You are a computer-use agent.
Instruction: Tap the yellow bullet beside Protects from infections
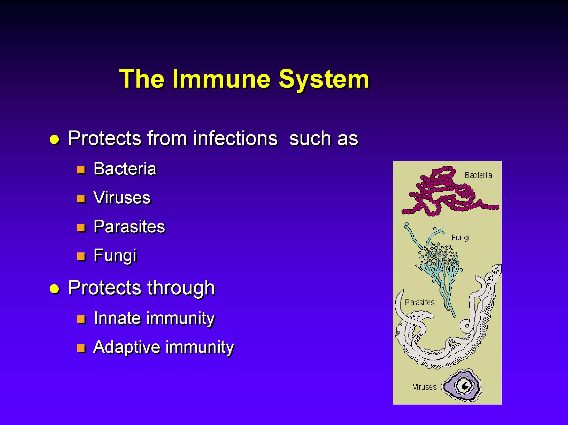click(x=55, y=140)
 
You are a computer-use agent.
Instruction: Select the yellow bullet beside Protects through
click(x=55, y=289)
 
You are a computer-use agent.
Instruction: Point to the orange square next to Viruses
click(x=81, y=199)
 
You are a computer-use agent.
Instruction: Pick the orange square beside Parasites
click(x=81, y=228)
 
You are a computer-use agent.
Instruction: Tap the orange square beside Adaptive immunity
click(x=81, y=348)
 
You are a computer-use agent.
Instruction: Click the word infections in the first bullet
click(x=235, y=138)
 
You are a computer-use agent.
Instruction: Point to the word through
click(x=181, y=288)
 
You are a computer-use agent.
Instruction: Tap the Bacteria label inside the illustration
click(x=478, y=175)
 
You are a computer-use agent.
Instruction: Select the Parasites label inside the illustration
click(x=420, y=302)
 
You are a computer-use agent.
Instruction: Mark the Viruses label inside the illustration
click(x=425, y=387)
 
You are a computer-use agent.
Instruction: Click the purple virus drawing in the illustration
click(x=462, y=385)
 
